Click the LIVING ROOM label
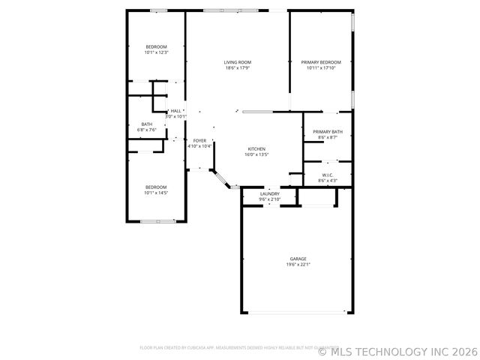click(237, 62)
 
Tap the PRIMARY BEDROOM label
click(321, 62)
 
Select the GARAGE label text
click(298, 259)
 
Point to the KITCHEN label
click(256, 148)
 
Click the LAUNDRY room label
click(269, 193)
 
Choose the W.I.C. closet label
click(328, 175)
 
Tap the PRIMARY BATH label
click(328, 131)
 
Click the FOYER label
click(199, 140)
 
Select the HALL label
click(175, 111)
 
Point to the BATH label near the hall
click(147, 124)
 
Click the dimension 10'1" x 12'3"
click(156, 52)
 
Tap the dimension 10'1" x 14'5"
click(156, 193)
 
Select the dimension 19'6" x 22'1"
click(298, 265)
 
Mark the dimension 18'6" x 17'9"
click(237, 68)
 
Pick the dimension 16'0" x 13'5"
click(256, 154)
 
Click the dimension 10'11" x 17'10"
click(321, 68)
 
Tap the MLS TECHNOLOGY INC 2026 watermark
click(397, 350)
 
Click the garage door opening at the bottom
click(297, 313)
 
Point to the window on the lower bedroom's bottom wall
click(157, 220)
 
